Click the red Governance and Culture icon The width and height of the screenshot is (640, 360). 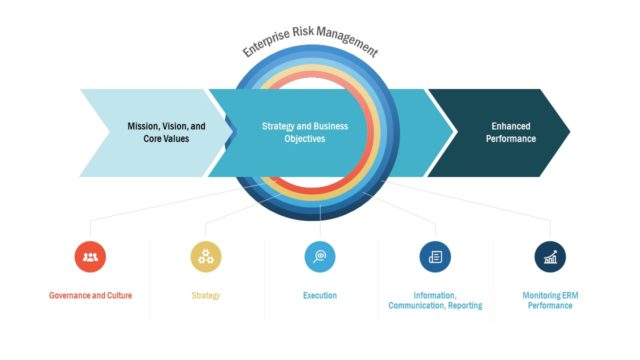point(91,257)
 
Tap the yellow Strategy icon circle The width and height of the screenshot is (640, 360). point(206,257)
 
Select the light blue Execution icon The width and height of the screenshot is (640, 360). point(320,257)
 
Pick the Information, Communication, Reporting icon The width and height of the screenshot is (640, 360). point(435,257)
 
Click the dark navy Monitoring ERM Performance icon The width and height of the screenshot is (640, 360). point(550,257)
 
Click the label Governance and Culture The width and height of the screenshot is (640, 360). point(91,296)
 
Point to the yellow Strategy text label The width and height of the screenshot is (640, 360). point(206,296)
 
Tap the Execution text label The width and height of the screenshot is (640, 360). point(320,296)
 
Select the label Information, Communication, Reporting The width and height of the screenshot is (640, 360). point(435,300)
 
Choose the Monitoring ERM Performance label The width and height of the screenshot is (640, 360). point(550,300)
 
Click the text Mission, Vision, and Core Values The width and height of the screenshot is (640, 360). point(166,132)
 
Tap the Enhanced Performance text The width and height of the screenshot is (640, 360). point(511,132)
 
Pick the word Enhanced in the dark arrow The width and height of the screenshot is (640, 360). point(511,127)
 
